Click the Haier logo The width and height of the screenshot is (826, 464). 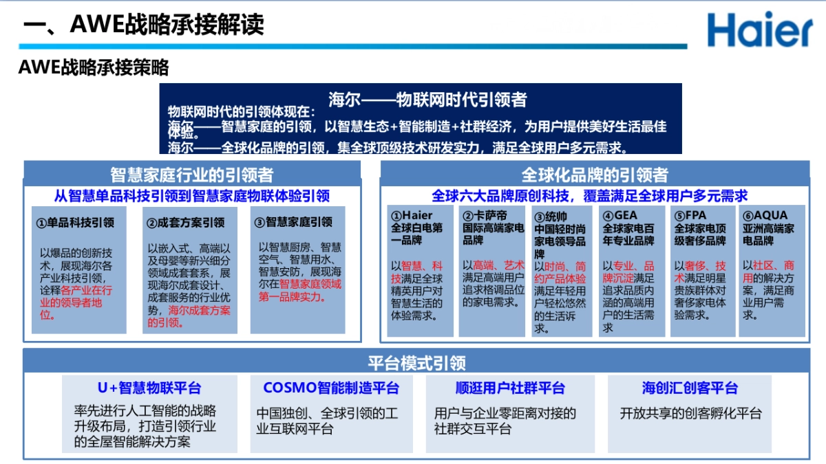759,30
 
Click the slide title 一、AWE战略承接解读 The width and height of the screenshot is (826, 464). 144,25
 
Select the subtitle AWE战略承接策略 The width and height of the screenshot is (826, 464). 94,67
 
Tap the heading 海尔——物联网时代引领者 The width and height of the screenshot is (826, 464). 427,100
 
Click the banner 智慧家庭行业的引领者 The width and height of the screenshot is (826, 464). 191,174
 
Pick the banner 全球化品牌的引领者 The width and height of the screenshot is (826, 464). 594,174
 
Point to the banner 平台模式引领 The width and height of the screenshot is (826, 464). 416,362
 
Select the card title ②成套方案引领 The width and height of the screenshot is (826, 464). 186,223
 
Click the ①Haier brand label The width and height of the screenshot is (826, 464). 412,215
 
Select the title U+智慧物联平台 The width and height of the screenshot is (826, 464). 149,388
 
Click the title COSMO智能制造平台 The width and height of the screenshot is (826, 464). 331,388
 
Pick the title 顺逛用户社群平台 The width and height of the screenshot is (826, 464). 510,388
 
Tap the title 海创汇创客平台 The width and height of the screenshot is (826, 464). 690,388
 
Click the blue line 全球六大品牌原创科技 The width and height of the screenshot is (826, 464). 589,196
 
